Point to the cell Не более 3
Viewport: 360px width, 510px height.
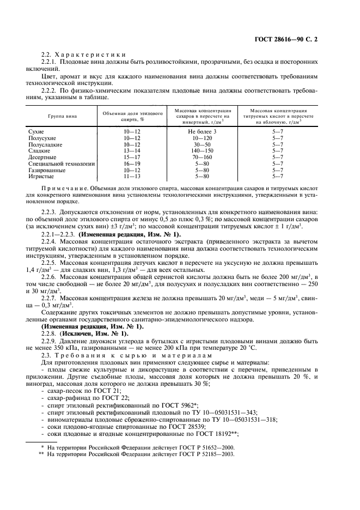click(203, 132)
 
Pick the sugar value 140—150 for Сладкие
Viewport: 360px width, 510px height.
click(203, 150)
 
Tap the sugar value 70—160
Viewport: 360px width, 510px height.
click(203, 156)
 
